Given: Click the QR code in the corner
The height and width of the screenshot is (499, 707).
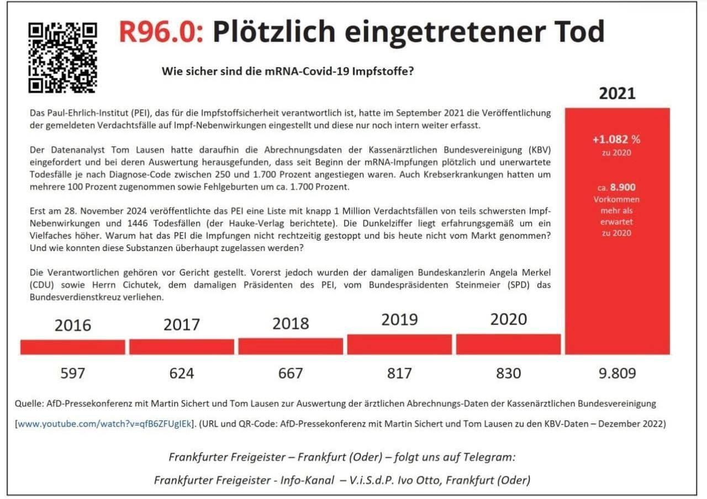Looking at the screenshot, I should click(x=62, y=57).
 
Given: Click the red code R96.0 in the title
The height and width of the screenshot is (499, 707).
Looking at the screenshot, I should click(x=160, y=32).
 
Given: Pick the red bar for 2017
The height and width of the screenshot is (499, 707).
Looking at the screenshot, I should click(x=181, y=347).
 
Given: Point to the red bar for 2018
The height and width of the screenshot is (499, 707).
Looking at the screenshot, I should click(x=291, y=346).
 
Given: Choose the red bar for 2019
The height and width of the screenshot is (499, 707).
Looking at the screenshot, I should click(x=399, y=344).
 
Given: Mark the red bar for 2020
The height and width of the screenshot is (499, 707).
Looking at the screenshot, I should click(x=508, y=344).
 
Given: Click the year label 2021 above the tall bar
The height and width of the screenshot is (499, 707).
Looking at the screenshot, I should click(x=617, y=93).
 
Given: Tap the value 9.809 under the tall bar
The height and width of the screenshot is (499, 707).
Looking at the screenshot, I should click(x=617, y=374).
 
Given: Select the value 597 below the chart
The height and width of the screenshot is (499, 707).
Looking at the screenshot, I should click(x=72, y=374).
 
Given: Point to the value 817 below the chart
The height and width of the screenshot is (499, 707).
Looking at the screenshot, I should click(x=399, y=374).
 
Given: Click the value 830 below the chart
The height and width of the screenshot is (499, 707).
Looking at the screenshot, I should click(x=508, y=374).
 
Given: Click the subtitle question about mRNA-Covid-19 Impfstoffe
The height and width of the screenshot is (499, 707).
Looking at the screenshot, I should click(x=287, y=71).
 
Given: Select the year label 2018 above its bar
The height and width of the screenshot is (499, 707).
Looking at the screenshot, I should click(x=291, y=323).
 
